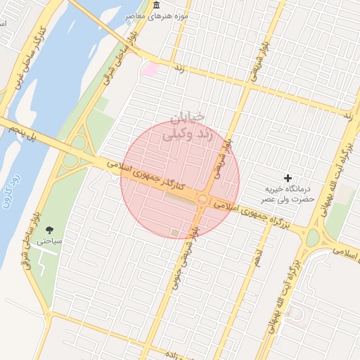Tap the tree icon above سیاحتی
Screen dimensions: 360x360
click(x=49, y=230)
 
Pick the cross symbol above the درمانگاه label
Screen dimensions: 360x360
click(x=287, y=179)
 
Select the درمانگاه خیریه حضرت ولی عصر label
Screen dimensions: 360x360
click(x=288, y=195)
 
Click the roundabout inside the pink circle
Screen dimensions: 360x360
click(x=202, y=200)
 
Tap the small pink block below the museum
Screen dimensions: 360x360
click(x=150, y=69)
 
